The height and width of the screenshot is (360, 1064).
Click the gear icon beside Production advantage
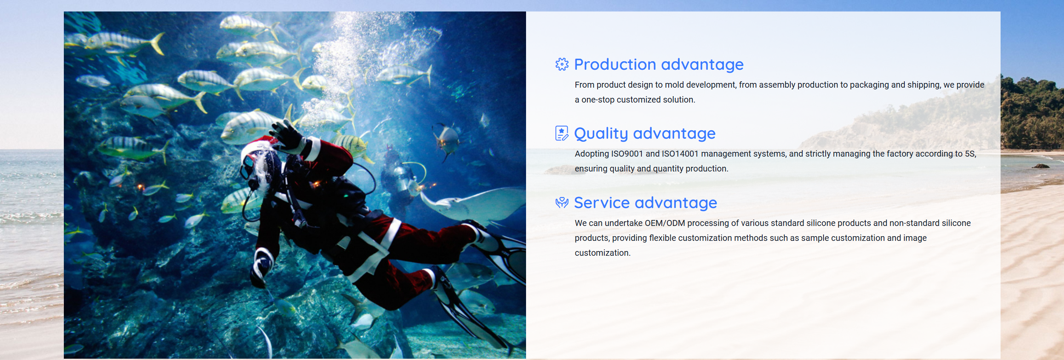562,64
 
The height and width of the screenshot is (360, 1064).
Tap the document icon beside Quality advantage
562,133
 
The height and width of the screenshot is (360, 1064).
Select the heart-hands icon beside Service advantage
562,202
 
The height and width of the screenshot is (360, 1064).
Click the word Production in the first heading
615,64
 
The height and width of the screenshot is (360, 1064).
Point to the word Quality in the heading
601,134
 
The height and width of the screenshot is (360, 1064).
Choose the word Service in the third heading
602,203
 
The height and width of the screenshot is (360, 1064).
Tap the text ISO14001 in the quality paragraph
680,154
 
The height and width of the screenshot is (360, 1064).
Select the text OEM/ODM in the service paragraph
665,223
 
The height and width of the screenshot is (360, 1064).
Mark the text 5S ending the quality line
970,154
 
